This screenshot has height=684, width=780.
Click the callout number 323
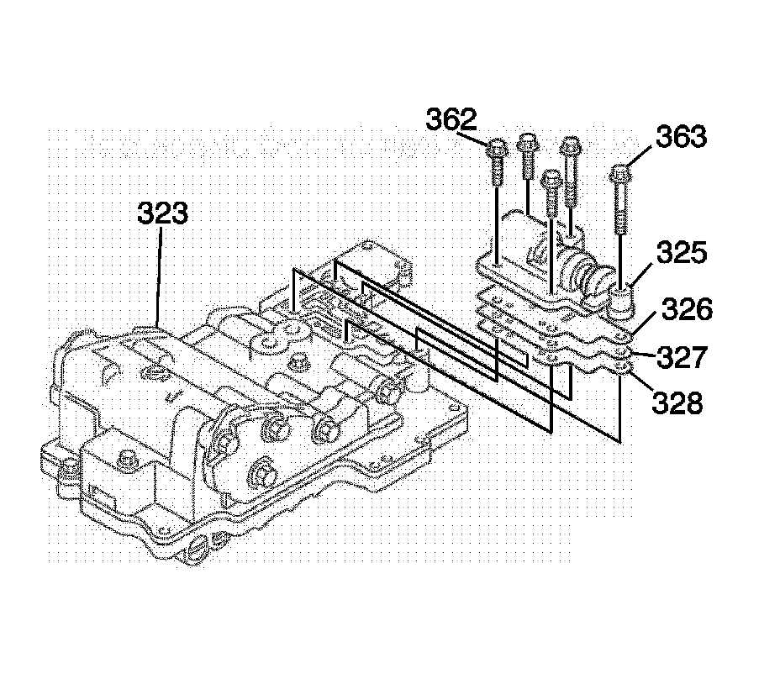coord(163,214)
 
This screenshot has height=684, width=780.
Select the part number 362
coord(451,120)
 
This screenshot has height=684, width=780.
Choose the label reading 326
coord(686,311)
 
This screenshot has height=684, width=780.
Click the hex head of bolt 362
coord(496,150)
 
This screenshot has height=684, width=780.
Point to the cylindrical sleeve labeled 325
coord(621,301)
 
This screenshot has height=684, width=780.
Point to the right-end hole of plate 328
coord(619,366)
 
